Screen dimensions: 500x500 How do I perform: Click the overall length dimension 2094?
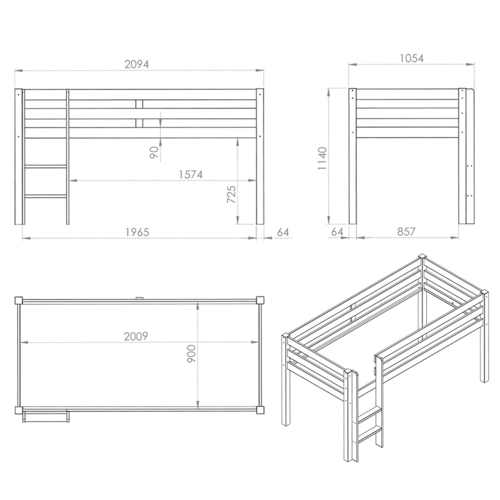pos(137,64)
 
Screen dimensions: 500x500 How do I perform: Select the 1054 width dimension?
pos(411,58)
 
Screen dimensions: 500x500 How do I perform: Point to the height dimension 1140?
pos(322,158)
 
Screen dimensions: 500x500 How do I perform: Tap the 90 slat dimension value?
pos(154,152)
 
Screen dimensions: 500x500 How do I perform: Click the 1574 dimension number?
pos(191,175)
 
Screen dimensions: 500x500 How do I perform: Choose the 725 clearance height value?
pos(231,194)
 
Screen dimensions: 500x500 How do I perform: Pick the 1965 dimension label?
pos(137,232)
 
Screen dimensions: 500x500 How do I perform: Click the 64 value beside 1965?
pos(283,232)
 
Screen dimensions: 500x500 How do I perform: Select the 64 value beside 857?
pos(337,232)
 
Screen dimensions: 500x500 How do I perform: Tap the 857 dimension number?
pos(406,232)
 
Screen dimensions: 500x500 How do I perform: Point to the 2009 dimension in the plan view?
pos(136,336)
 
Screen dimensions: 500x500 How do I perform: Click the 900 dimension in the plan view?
pos(192,354)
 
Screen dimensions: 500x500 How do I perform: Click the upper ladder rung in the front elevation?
pos(46,166)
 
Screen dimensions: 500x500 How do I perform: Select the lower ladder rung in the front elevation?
pos(46,196)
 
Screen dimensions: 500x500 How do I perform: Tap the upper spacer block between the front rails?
pos(139,104)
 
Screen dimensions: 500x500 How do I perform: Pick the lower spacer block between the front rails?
pos(139,123)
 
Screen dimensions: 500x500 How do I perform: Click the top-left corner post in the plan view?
pos(19,301)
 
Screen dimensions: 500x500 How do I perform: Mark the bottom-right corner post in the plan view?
pos(260,410)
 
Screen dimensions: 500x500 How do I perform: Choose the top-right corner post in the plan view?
pos(260,300)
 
